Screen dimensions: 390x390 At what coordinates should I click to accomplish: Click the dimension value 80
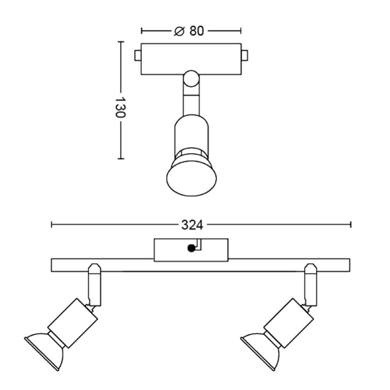[197, 31]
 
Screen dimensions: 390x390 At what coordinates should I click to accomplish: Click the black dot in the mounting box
[191, 248]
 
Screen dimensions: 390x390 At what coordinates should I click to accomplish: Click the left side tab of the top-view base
[138, 56]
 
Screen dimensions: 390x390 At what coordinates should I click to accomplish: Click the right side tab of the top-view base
[245, 56]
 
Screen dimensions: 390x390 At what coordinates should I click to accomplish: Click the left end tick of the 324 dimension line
[52, 225]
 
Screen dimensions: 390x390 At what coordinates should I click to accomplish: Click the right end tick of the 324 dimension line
[351, 225]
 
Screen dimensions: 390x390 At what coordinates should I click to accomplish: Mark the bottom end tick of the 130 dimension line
[121, 159]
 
